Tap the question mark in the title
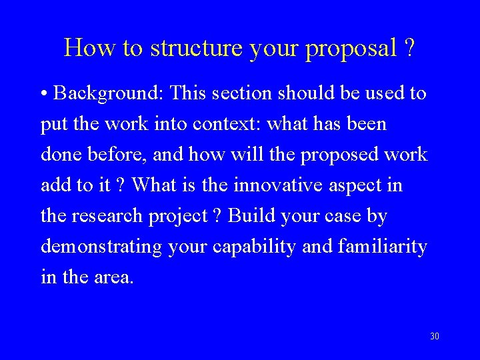coord(409,47)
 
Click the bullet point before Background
coord(44,94)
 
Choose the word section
coord(243,93)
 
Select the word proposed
coord(335,155)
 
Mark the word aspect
coord(355,185)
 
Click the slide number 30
coord(435,336)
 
